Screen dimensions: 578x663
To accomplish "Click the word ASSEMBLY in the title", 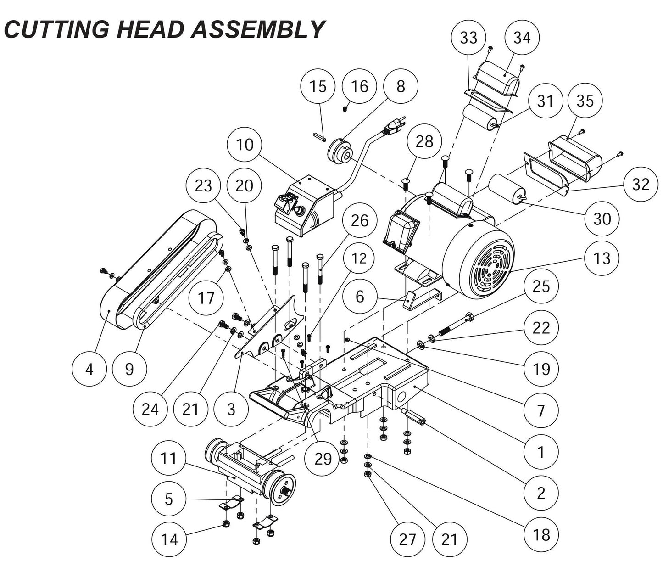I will (257, 29).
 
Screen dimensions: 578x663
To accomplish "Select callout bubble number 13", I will (602, 258).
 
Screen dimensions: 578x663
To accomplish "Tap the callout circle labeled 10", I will (245, 145).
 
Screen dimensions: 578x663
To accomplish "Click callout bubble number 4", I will (89, 369).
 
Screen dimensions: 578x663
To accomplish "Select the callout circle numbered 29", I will (323, 459).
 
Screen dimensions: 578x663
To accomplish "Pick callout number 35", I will (585, 101).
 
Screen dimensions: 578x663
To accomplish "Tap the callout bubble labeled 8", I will (401, 86).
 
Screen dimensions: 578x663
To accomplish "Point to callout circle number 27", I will (407, 539).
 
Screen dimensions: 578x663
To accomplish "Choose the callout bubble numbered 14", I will (169, 539).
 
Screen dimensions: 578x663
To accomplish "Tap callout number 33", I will (468, 38).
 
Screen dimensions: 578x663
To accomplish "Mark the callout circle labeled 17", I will (206, 298).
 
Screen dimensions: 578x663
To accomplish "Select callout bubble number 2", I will (541, 493).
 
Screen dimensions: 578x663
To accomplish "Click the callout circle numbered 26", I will (359, 221).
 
